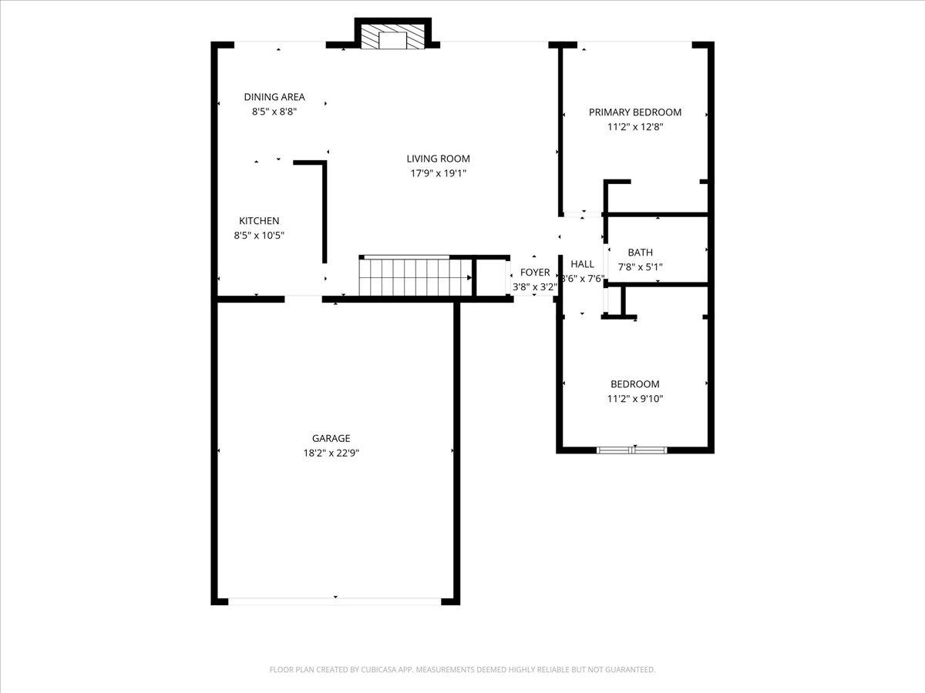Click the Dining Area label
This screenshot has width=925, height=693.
point(274,97)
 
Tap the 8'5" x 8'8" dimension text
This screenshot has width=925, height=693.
point(274,112)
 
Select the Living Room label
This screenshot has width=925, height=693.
point(439,159)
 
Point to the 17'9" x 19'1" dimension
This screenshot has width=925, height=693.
point(439,173)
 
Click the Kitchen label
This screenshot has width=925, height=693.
point(259,221)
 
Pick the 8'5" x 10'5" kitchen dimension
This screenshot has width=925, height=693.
point(259,236)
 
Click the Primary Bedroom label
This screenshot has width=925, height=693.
point(635,112)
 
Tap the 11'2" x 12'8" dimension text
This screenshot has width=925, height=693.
point(635,127)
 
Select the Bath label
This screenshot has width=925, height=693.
point(641,253)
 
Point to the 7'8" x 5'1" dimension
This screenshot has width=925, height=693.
point(641,267)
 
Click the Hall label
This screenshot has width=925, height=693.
point(582,264)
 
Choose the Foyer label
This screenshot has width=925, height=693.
point(535,273)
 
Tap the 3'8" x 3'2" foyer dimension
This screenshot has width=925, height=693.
point(535,287)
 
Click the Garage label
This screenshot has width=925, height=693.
point(331,438)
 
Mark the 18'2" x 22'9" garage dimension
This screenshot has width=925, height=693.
point(331,453)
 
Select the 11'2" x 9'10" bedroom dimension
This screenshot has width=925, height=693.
point(635,399)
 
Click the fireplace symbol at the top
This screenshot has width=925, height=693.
point(393,38)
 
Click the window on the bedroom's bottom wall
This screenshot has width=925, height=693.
point(633,449)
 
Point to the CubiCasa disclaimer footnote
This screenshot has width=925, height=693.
point(462,670)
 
